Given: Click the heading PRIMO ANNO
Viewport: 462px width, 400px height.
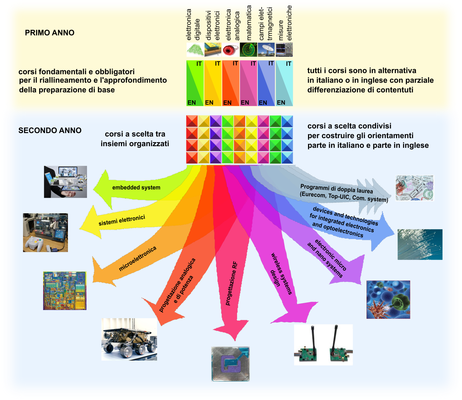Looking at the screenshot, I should pyautogui.click(x=49, y=33).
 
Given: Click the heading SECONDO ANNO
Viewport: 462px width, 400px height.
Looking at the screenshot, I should pyautogui.click(x=50, y=131).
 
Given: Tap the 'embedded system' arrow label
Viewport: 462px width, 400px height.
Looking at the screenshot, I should pyautogui.click(x=136, y=188).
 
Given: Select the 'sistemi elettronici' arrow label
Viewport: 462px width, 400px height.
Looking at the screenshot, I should pyautogui.click(x=122, y=220).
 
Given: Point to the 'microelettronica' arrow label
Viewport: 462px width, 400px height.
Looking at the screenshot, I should pyautogui.click(x=138, y=258).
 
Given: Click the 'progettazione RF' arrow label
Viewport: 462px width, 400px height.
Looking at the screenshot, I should pyautogui.click(x=231, y=283).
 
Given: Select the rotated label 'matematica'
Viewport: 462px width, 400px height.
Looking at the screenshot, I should pyautogui.click(x=249, y=23).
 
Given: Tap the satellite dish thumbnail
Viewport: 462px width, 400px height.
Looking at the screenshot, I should pyautogui.click(x=266, y=50).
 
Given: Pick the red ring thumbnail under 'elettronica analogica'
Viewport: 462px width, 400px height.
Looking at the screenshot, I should pyautogui.click(x=231, y=50).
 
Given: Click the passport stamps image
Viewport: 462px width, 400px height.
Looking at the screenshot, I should pyautogui.click(x=414, y=188).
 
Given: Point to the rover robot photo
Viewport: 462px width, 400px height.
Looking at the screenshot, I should pyautogui.click(x=129, y=339).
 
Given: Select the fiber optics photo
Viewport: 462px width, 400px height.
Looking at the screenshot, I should pyautogui.click(x=420, y=244).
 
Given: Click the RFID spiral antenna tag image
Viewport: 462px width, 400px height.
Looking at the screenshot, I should pyautogui.click(x=230, y=364).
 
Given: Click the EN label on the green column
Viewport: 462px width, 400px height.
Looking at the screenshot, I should pyautogui.click(x=192, y=102).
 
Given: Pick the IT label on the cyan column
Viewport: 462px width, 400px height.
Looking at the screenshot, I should pyautogui.click(x=288, y=64).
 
